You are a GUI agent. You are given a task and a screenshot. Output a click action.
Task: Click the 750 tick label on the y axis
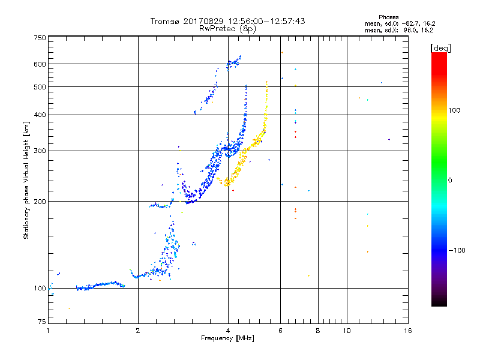click(39, 38)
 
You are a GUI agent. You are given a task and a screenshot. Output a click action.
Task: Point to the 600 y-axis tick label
click(39, 64)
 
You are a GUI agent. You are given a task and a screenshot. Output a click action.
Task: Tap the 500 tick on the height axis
click(39, 87)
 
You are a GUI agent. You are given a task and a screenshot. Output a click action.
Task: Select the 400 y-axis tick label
click(39, 115)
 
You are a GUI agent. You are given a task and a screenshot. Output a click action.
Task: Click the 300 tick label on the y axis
click(39, 151)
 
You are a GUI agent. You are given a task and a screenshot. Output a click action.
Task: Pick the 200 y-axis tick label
click(39, 202)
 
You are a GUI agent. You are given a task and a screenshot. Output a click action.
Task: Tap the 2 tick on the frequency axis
click(138, 331)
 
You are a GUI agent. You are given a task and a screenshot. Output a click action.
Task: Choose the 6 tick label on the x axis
click(280, 331)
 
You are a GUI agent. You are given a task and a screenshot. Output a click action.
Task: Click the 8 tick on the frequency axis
click(318, 331)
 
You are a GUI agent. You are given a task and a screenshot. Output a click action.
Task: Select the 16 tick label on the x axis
click(407, 331)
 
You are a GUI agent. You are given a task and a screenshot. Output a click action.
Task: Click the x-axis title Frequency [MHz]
click(228, 339)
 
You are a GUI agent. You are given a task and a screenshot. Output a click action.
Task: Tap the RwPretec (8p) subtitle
click(227, 28)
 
